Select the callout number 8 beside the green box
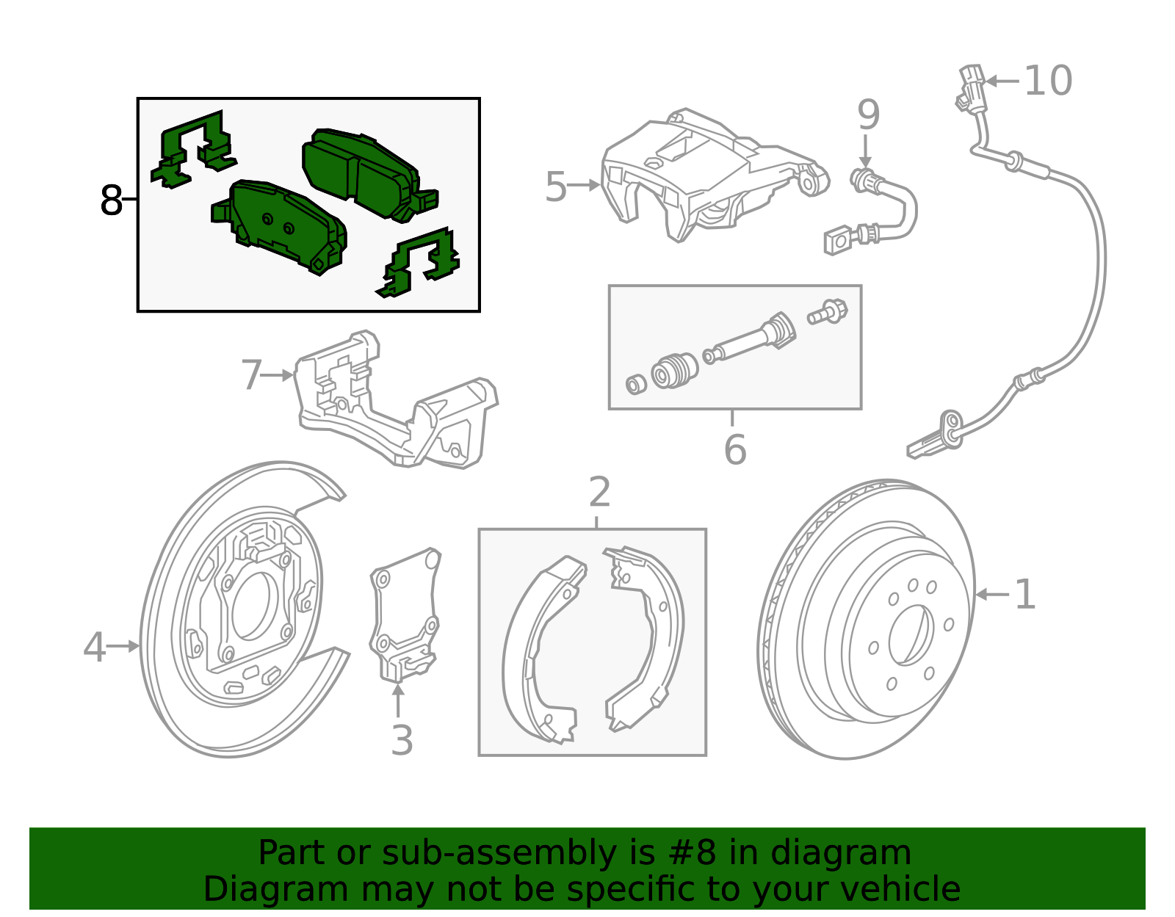(x=111, y=200)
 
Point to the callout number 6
(x=734, y=449)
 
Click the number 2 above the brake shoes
(x=599, y=492)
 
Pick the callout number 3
(x=402, y=740)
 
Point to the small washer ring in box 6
(x=635, y=383)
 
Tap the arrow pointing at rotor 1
(x=991, y=594)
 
